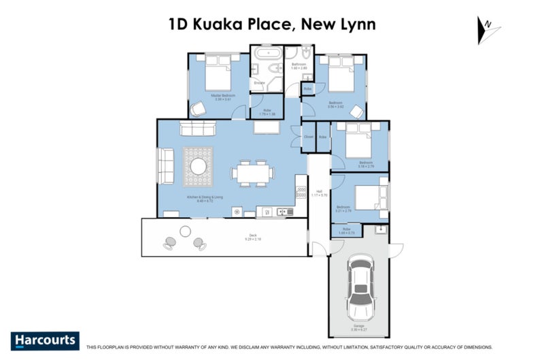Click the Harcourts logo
(x=45, y=340)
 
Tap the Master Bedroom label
(x=222, y=96)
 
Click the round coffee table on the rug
(x=199, y=167)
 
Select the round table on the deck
(x=185, y=232)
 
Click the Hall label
(x=319, y=193)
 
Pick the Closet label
(x=308, y=137)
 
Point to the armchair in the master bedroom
(x=198, y=108)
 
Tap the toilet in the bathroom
(x=307, y=53)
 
